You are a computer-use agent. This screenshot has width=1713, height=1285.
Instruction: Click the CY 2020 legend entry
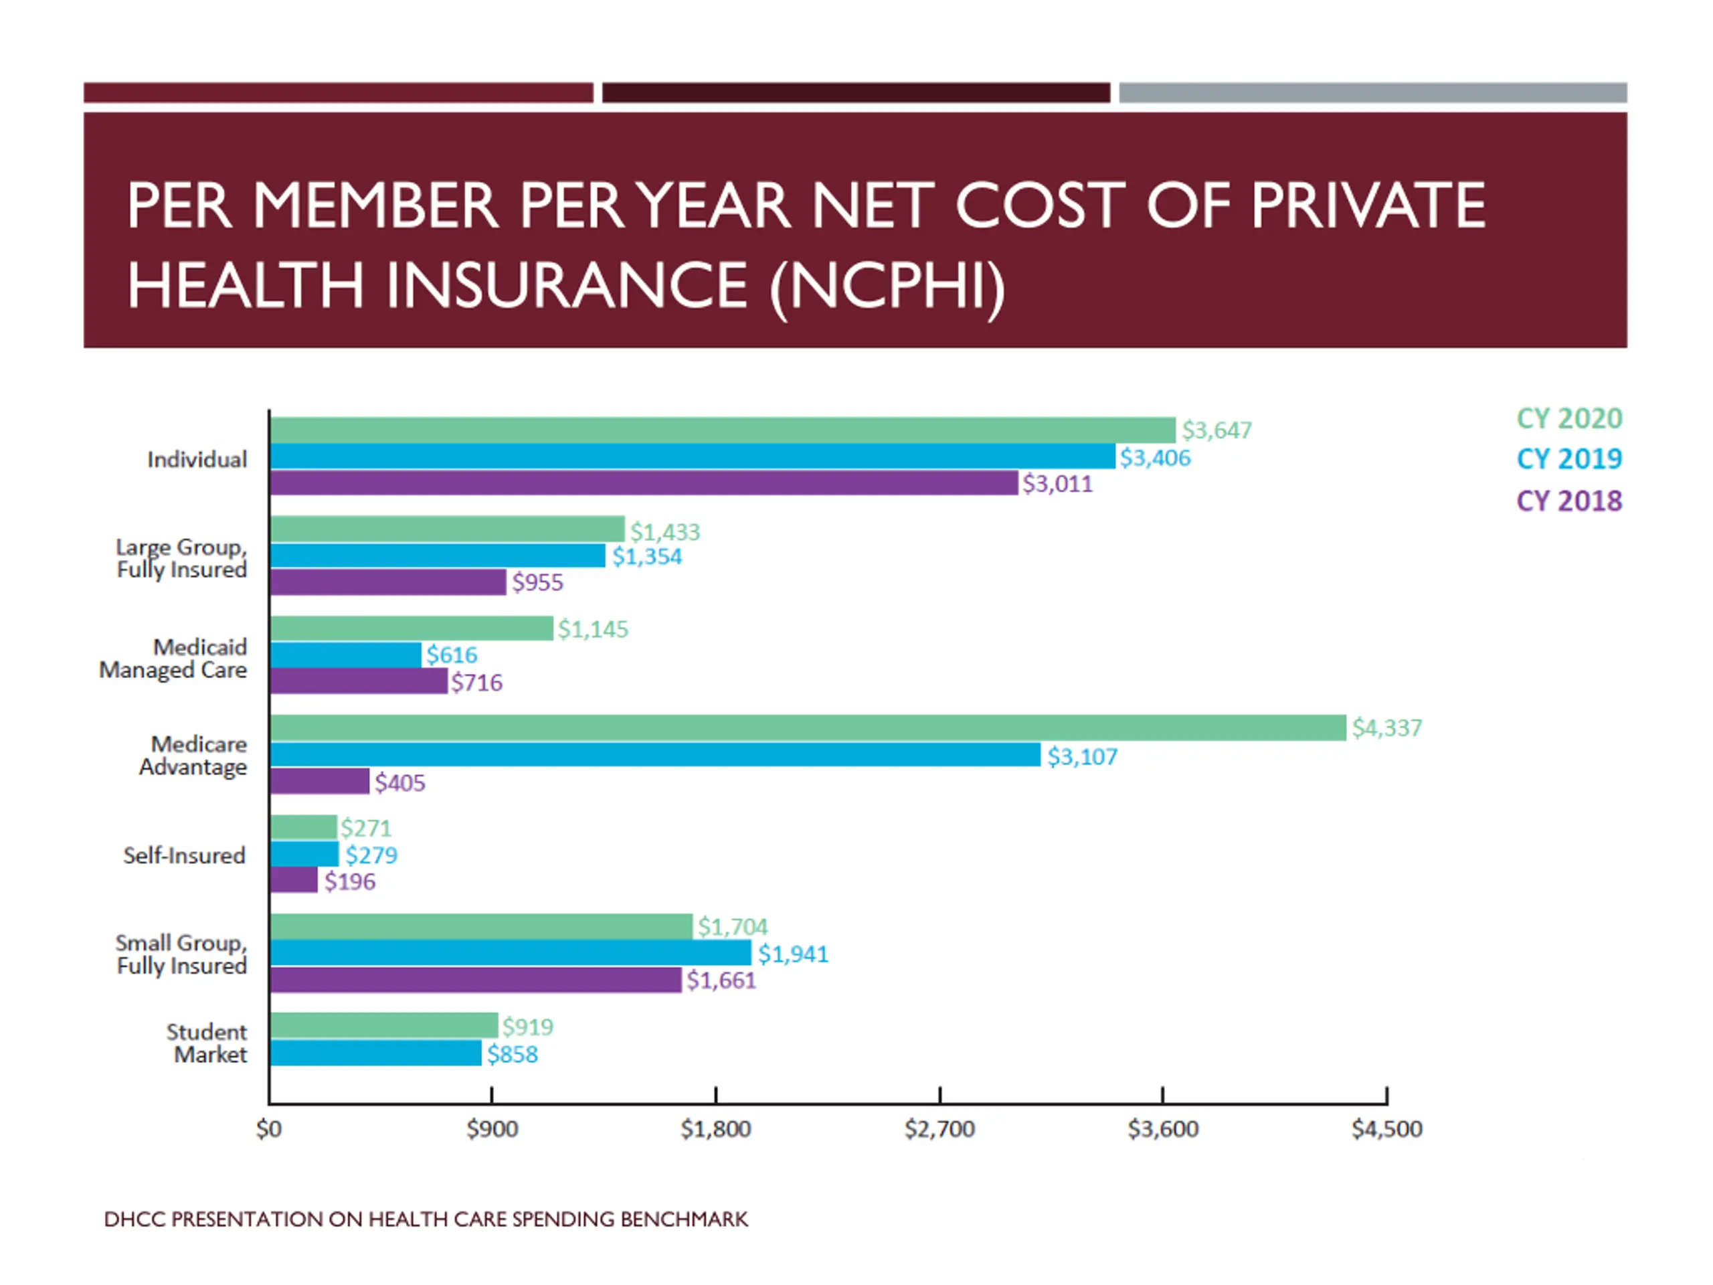1568,418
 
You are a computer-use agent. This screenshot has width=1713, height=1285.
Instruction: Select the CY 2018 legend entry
1568,501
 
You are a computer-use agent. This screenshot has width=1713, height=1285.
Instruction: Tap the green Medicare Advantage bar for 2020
808,728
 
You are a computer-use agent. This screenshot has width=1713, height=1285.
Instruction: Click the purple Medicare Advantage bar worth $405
320,782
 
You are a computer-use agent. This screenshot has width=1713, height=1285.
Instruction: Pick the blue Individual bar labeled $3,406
693,457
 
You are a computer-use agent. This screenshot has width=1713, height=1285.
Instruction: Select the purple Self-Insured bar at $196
294,880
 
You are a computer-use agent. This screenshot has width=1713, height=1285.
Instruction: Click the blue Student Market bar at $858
375,1053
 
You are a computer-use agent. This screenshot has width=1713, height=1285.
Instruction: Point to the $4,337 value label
1386,728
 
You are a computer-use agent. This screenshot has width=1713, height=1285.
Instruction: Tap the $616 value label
452,655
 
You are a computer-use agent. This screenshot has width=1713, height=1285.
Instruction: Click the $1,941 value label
792,954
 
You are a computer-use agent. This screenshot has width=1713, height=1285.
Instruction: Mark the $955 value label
537,582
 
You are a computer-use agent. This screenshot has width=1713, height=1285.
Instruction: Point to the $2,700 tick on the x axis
939,1128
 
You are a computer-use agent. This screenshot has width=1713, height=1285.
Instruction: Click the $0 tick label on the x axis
269,1128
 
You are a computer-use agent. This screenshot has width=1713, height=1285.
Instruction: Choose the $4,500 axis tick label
1386,1128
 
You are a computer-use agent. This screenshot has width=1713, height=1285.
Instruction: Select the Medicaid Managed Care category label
173,659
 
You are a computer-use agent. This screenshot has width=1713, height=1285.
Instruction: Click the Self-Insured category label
184,855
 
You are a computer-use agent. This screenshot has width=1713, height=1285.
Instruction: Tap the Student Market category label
207,1043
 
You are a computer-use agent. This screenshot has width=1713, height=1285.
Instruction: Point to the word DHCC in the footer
134,1219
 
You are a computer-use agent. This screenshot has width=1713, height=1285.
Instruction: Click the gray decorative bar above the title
1372,93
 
